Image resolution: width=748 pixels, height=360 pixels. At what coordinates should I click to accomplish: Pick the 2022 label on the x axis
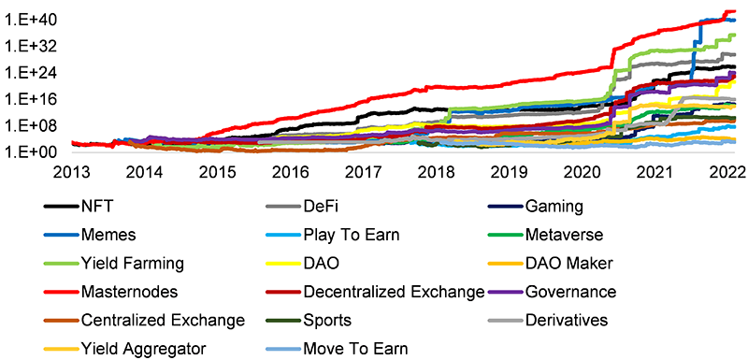click(726, 172)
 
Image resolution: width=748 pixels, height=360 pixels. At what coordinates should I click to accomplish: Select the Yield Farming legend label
click(132, 264)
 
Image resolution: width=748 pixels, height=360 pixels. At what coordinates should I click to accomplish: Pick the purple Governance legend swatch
click(504, 293)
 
